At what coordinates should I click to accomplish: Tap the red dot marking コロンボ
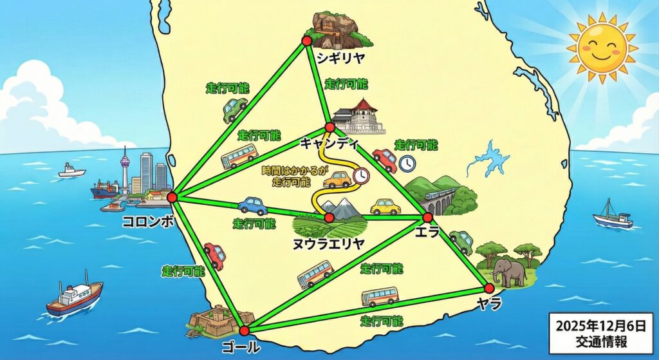click(172, 197)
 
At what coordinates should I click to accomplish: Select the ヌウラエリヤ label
click(329, 243)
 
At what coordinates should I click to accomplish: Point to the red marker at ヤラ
click(489, 287)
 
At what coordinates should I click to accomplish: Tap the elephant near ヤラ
click(508, 272)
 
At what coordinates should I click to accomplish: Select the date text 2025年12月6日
click(602, 324)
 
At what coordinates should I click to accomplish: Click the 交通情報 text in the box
click(602, 340)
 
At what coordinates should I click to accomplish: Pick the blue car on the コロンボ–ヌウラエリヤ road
click(252, 205)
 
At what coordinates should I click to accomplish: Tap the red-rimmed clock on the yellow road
click(361, 176)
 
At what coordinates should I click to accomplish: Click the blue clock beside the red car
click(406, 164)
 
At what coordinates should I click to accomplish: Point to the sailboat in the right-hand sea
click(612, 216)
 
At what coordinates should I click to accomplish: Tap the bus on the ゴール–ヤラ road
click(380, 297)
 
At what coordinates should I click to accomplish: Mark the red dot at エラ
click(427, 218)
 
